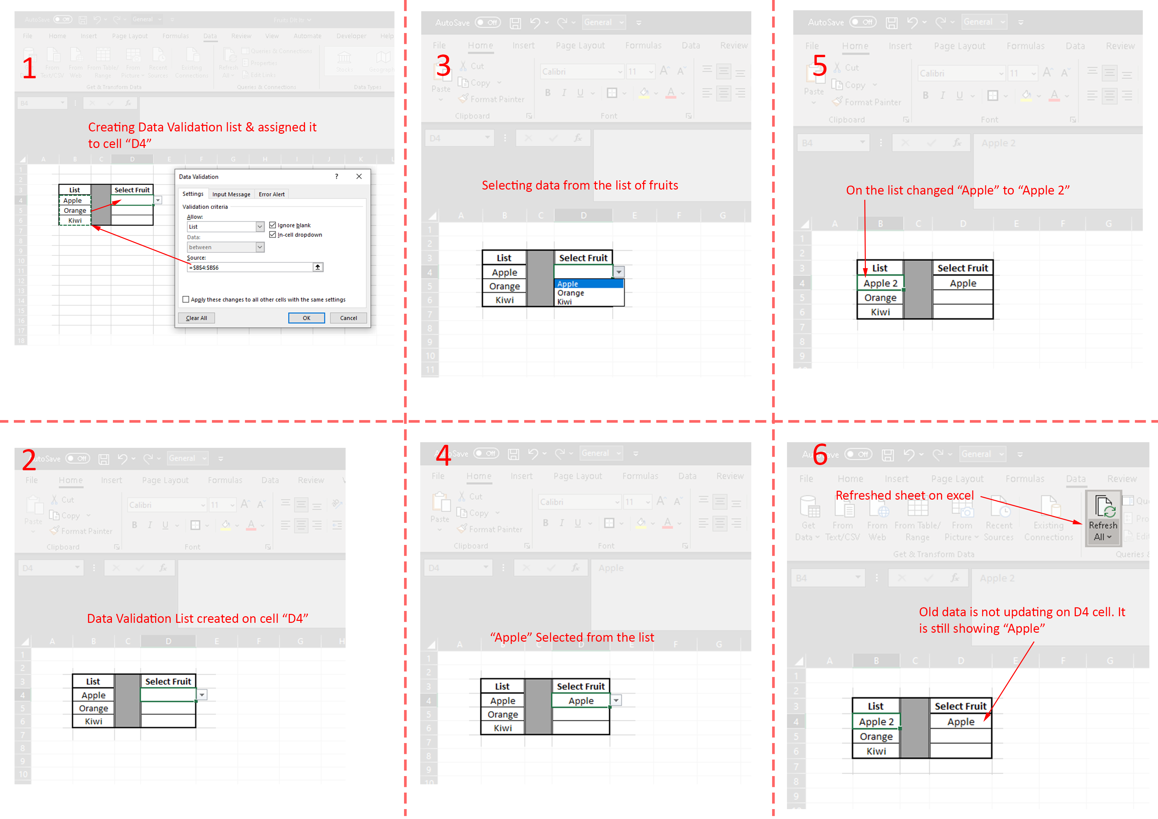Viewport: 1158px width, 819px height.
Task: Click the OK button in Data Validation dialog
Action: [x=306, y=318]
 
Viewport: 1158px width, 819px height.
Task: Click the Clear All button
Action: [x=196, y=318]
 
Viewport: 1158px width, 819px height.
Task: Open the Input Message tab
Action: [x=231, y=194]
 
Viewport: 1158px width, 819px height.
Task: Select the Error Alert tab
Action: [x=271, y=194]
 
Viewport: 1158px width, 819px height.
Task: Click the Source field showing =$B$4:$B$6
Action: [x=250, y=267]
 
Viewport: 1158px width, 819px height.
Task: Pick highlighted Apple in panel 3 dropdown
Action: [x=568, y=284]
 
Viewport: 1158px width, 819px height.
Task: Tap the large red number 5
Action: [x=820, y=66]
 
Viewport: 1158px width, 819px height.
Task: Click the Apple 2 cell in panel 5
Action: [x=880, y=283]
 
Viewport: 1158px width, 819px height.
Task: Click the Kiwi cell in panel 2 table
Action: [x=93, y=721]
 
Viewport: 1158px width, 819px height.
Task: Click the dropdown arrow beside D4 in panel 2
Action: [x=202, y=695]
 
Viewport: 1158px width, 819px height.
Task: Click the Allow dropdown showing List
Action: [x=225, y=227]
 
